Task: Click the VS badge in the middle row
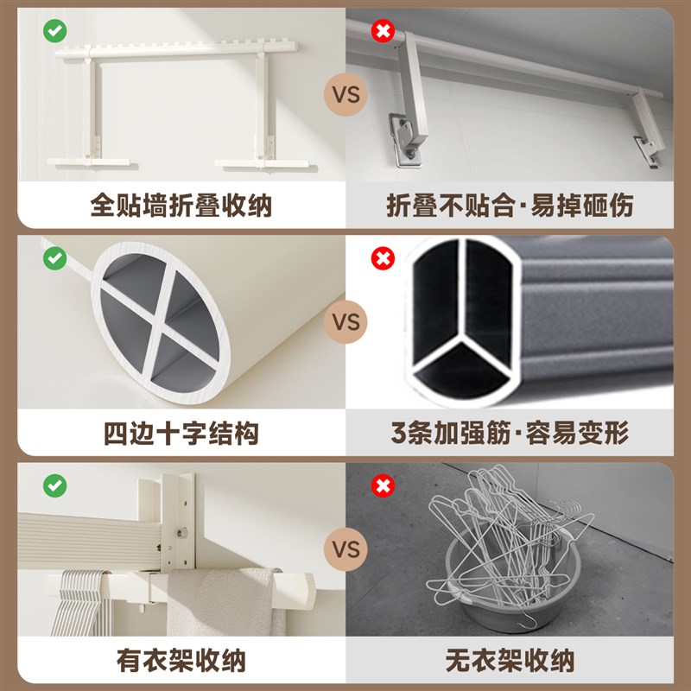345,323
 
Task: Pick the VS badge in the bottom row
345,549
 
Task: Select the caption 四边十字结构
181,432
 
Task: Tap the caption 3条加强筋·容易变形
510,432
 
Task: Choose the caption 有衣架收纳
181,661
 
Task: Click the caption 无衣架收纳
510,661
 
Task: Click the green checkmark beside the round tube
54,257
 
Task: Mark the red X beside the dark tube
382,257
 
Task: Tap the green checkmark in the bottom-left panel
54,485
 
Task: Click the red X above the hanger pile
382,485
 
